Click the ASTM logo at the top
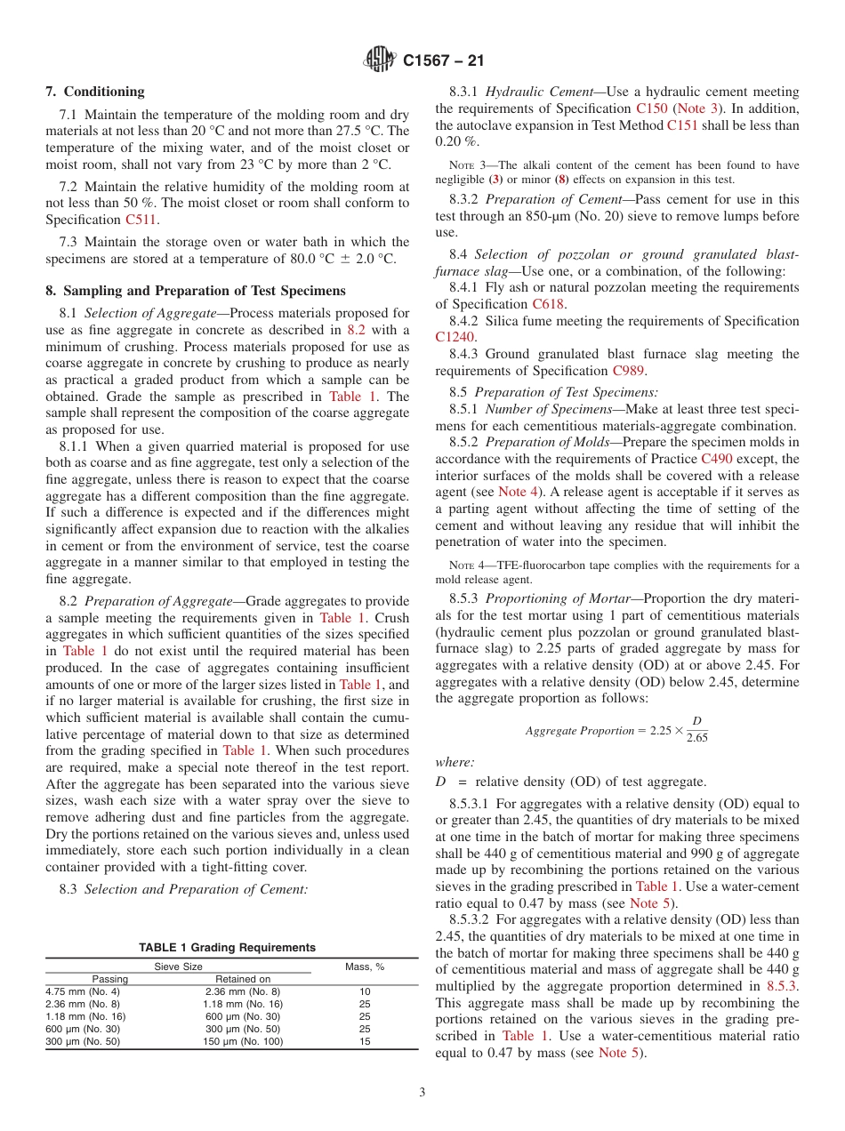(x=380, y=61)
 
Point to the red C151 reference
(x=683, y=125)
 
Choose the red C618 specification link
(x=549, y=304)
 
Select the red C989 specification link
(x=630, y=371)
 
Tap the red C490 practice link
(x=718, y=459)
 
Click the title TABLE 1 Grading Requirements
(x=226, y=948)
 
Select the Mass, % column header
(x=365, y=967)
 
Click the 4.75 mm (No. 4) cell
(x=82, y=991)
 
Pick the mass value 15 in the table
(x=365, y=1041)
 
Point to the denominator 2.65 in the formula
(x=696, y=736)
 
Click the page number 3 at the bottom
(x=422, y=1092)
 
